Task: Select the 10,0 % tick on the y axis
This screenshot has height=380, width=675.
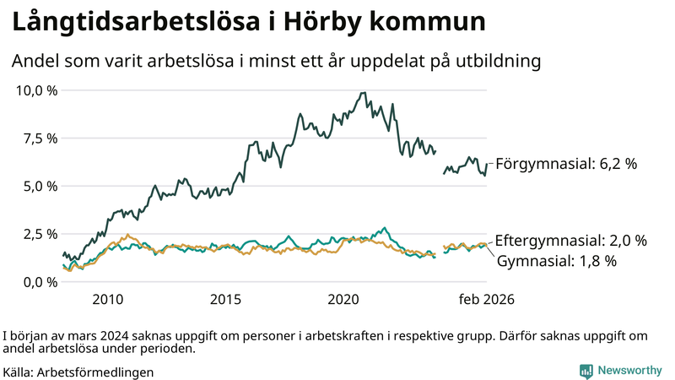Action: (x=36, y=90)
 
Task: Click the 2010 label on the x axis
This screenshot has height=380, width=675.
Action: (x=108, y=300)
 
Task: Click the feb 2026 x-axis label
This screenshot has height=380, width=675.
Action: (x=486, y=300)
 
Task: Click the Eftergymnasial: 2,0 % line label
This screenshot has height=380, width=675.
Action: (x=570, y=241)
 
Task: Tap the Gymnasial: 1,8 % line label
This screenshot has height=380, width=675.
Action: (x=557, y=261)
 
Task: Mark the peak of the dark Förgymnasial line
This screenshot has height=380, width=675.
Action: (x=363, y=93)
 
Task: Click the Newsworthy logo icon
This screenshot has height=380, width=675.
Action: (x=586, y=371)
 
